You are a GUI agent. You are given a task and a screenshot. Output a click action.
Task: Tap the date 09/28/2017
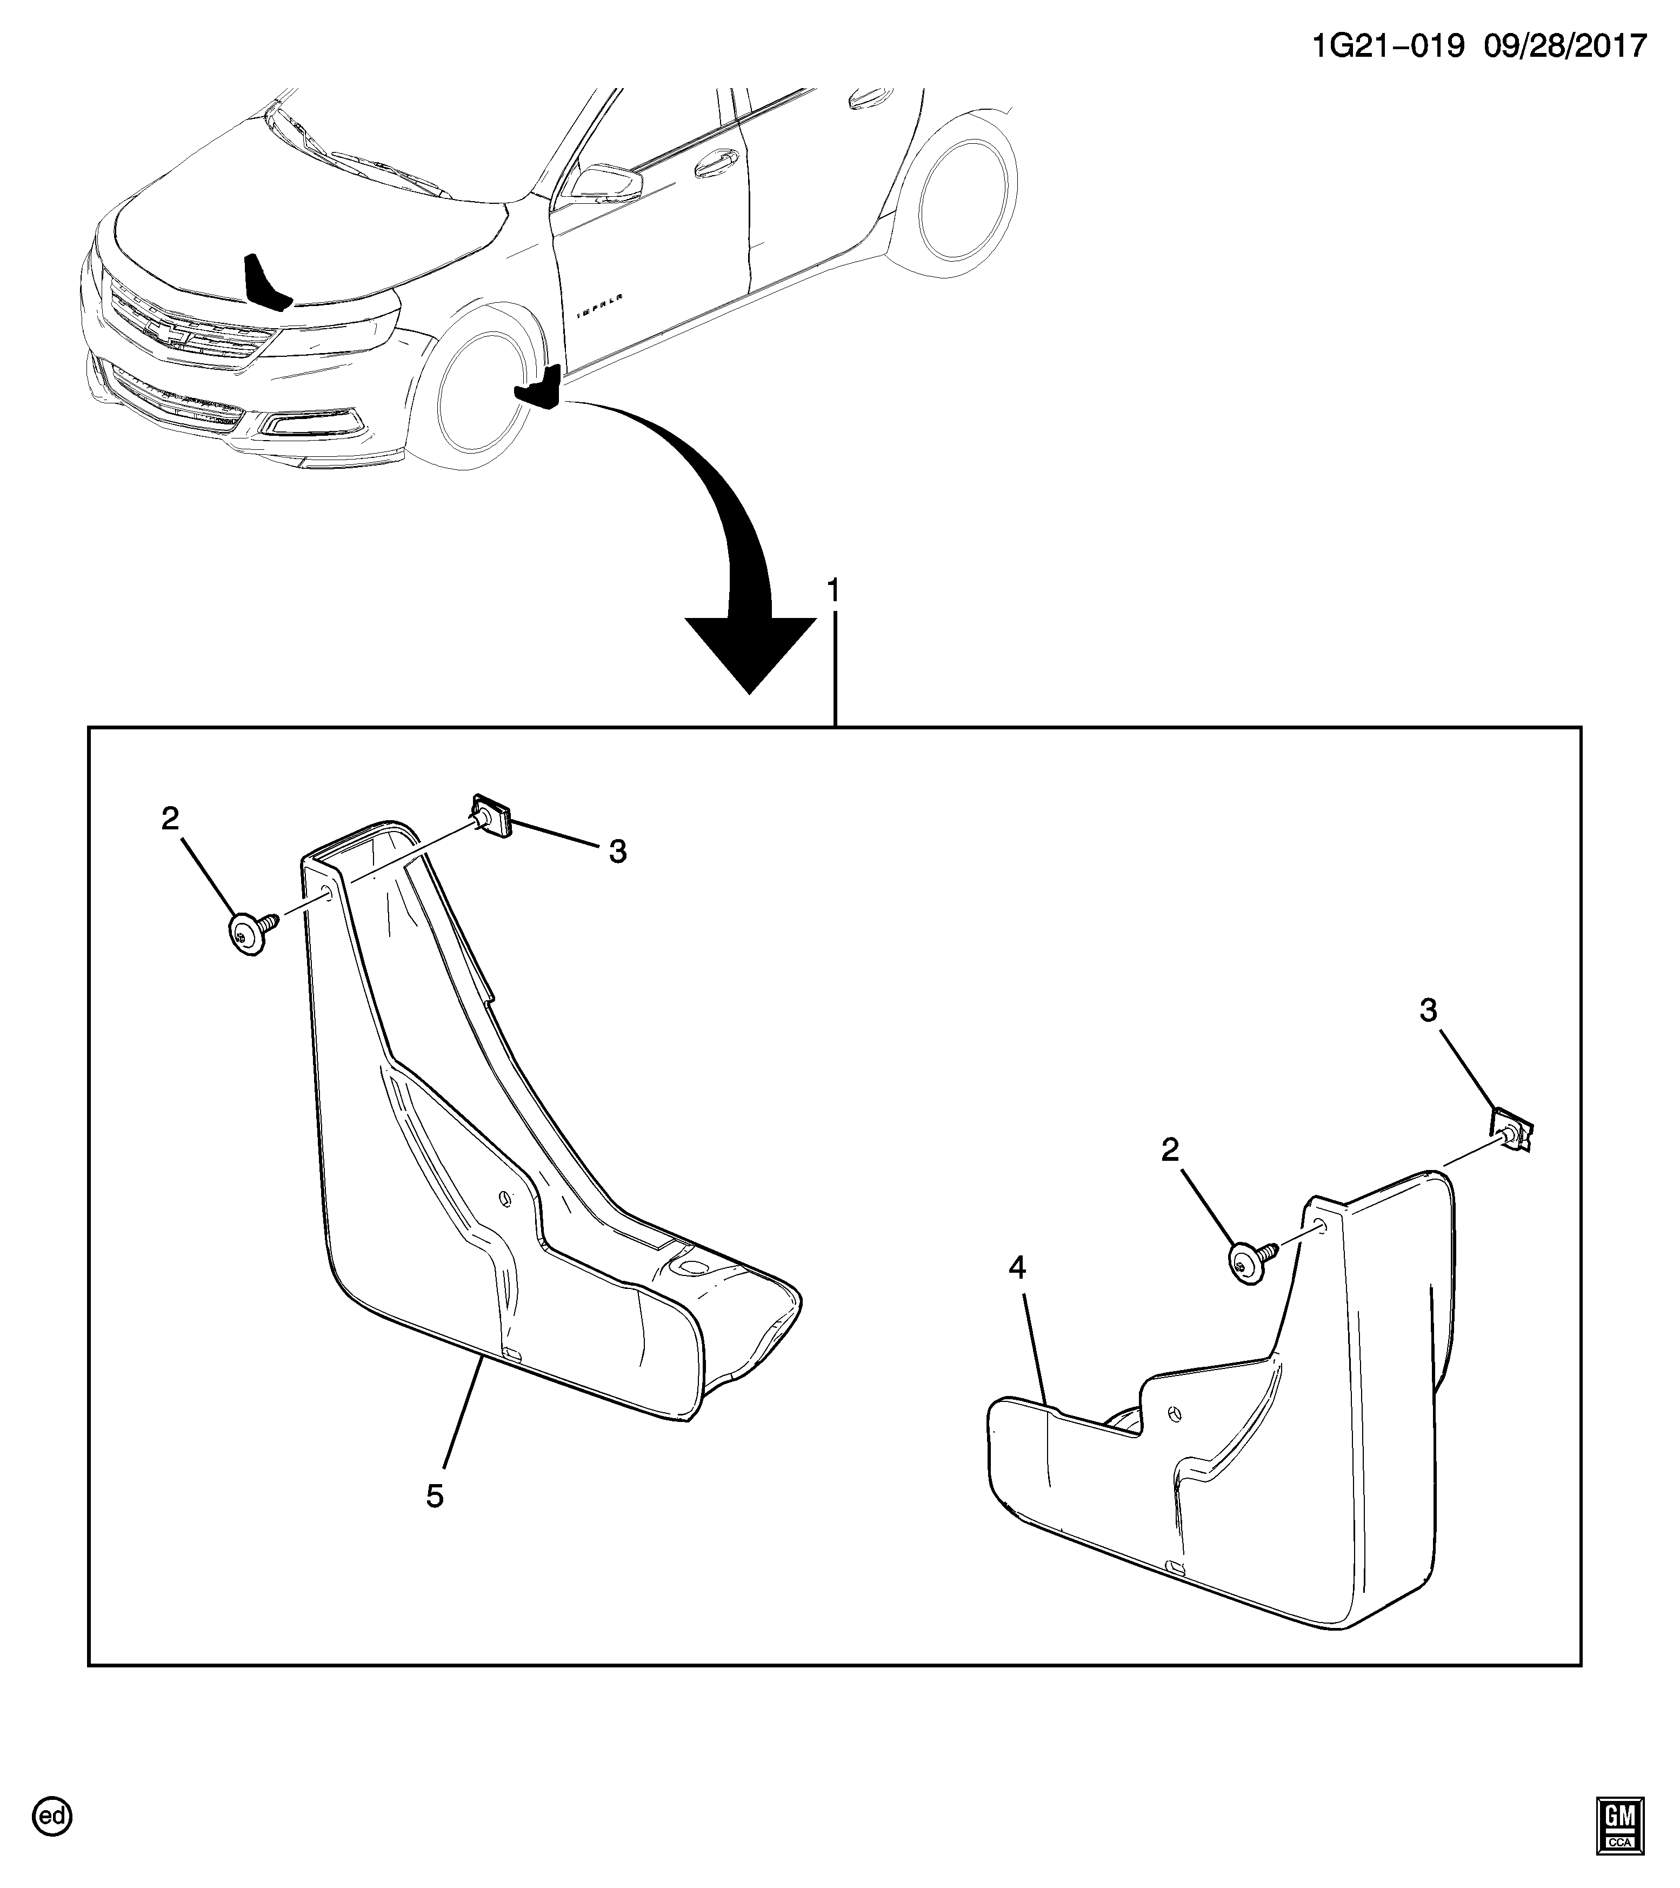[x=1568, y=45]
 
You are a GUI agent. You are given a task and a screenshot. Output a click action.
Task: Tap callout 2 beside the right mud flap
[x=1170, y=1150]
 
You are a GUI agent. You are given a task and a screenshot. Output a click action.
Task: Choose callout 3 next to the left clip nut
[x=618, y=852]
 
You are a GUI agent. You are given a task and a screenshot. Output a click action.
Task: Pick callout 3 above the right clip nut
[x=1428, y=1012]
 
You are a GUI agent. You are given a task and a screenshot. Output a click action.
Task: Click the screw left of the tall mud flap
[x=249, y=936]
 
